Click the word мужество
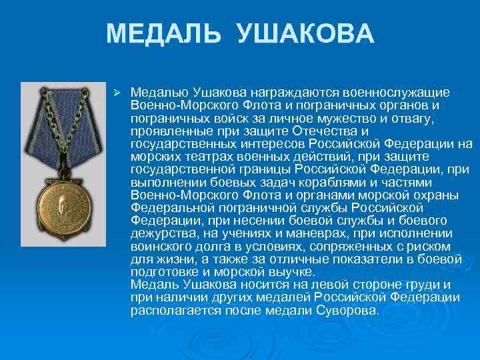click(x=355, y=118)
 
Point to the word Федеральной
click(x=169, y=207)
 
